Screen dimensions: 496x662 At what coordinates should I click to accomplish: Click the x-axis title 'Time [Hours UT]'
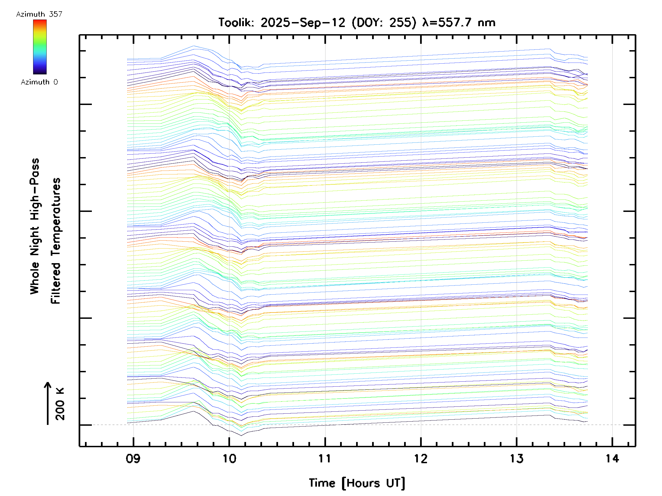click(x=357, y=483)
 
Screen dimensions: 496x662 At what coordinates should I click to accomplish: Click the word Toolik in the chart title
click(x=236, y=23)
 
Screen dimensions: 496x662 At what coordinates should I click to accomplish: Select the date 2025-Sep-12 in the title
click(x=303, y=23)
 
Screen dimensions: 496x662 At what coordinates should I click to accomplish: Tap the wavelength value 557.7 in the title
click(x=455, y=23)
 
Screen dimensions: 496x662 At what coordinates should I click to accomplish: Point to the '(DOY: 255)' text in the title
click(x=384, y=23)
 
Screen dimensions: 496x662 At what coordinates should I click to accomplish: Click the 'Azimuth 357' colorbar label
click(x=39, y=14)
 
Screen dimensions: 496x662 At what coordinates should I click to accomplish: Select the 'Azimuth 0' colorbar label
click(x=39, y=82)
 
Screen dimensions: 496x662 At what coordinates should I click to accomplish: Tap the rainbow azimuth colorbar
click(x=40, y=47)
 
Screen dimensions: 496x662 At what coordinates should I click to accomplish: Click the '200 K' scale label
click(x=60, y=404)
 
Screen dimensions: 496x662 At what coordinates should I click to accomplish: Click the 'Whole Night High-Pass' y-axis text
click(x=35, y=226)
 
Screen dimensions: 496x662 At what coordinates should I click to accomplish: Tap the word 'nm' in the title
click(x=487, y=23)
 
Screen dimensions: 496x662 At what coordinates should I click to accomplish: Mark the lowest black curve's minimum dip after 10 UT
click(x=242, y=435)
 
